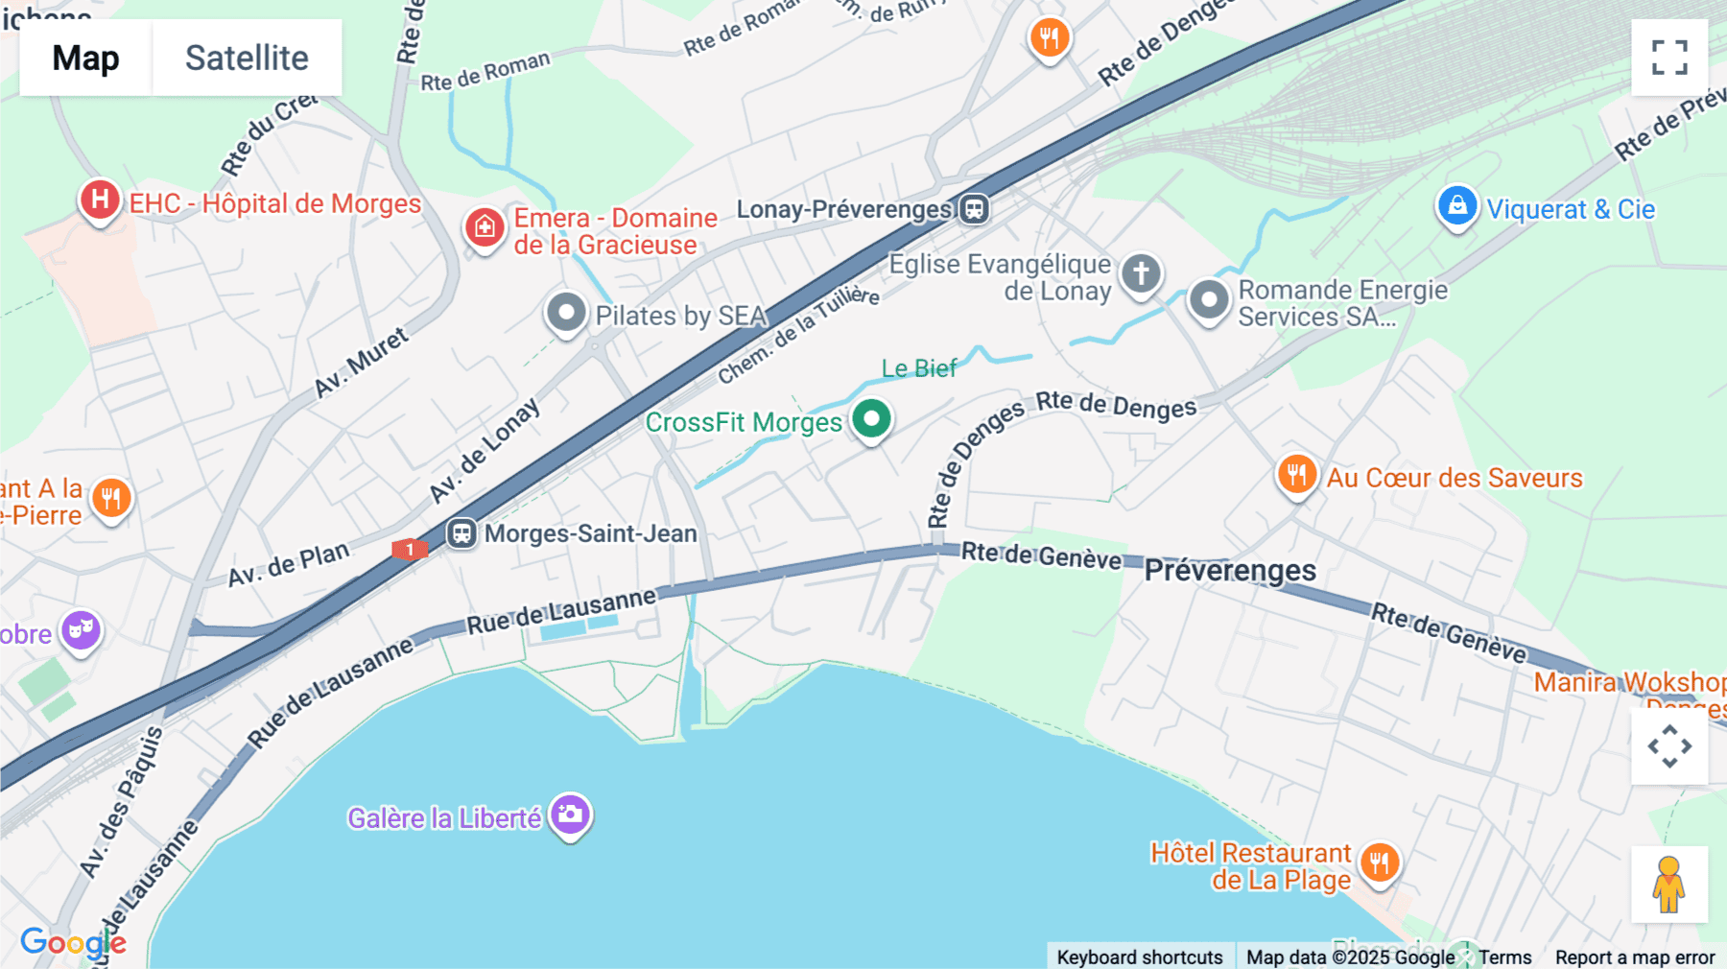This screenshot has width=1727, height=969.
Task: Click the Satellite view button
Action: pos(247,58)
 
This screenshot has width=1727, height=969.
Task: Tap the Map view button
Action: pos(85,58)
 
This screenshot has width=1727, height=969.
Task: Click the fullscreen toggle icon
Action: pos(1668,58)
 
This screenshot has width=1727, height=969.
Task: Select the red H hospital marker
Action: pos(100,201)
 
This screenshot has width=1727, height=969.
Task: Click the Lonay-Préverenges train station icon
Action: pos(974,208)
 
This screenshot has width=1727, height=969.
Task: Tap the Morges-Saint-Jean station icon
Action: pos(461,532)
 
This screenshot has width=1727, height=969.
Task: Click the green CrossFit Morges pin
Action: pos(871,419)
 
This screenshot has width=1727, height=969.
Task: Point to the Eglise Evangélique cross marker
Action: pos(1141,273)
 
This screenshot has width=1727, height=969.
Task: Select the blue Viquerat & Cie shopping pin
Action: pos(1456,206)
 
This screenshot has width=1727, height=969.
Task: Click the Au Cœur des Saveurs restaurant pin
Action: pos(1296,475)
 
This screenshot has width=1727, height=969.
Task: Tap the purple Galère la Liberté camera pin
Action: pos(571,815)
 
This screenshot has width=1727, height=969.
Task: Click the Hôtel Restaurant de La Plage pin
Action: pos(1380,863)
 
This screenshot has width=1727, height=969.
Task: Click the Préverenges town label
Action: pos(1229,570)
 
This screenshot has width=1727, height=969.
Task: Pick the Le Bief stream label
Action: pos(918,368)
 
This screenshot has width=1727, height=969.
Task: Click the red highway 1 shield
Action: pos(410,549)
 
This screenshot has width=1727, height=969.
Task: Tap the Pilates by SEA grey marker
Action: pos(566,313)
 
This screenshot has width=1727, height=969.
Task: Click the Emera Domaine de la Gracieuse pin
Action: pos(485,227)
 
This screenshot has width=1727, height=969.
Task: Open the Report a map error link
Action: pos(1634,957)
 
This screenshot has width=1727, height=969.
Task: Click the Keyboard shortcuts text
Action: pos(1139,957)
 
